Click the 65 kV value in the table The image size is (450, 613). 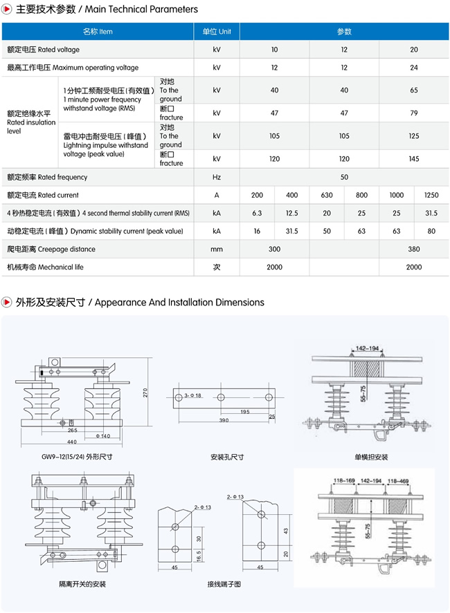tap(413, 91)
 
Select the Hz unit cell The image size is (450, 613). tap(217, 178)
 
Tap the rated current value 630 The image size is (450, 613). tap(327, 196)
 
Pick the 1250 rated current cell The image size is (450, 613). tap(431, 196)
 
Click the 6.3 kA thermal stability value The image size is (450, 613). tap(258, 214)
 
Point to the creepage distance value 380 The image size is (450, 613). tap(413, 249)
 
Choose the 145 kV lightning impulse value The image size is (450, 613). tap(413, 159)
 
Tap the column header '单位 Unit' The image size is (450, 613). tap(217, 32)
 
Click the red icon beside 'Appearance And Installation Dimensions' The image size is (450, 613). tap(7, 303)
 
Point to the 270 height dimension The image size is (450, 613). tap(145, 392)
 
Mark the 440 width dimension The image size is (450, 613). tap(72, 441)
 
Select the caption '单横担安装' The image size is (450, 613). tap(372, 457)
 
